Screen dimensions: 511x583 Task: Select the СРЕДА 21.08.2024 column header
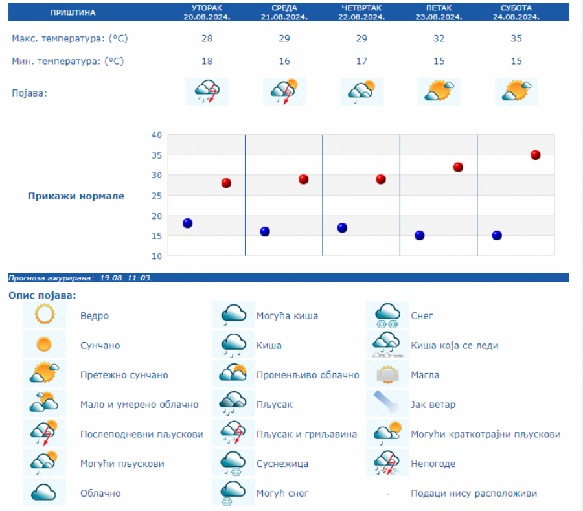tap(284, 12)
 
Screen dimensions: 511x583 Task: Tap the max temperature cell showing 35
tap(516, 38)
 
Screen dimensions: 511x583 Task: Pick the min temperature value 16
tap(284, 61)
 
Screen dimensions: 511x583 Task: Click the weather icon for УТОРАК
tap(207, 91)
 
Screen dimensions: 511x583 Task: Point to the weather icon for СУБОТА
tap(516, 91)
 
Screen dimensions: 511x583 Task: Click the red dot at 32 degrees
tap(458, 167)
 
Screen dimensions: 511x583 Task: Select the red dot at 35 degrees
tap(536, 155)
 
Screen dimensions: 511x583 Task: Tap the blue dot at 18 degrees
tap(187, 223)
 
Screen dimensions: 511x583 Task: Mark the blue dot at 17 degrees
tap(342, 227)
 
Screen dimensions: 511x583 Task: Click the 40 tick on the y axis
tap(156, 135)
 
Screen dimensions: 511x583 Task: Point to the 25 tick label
tap(156, 196)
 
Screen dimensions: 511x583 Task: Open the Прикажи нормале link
tap(76, 196)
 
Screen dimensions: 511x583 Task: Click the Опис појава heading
tap(42, 295)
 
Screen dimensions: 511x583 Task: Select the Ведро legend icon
tap(45, 315)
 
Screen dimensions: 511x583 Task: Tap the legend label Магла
tap(425, 375)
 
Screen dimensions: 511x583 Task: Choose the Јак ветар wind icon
tap(387, 403)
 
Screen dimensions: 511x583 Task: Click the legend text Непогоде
tap(433, 464)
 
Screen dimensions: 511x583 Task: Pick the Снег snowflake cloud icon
tap(387, 315)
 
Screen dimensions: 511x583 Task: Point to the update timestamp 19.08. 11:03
tap(126, 277)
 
